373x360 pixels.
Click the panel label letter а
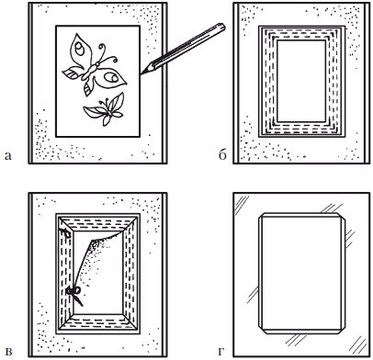(8, 156)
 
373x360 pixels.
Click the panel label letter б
(222, 155)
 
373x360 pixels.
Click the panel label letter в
(8, 351)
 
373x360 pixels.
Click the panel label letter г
(222, 351)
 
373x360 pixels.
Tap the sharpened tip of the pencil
(141, 73)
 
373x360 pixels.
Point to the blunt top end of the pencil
(222, 27)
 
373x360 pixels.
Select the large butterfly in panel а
(94, 65)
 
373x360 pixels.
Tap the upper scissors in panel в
(65, 232)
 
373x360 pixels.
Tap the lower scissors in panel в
(75, 294)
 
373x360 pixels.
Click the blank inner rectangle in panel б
(301, 81)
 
